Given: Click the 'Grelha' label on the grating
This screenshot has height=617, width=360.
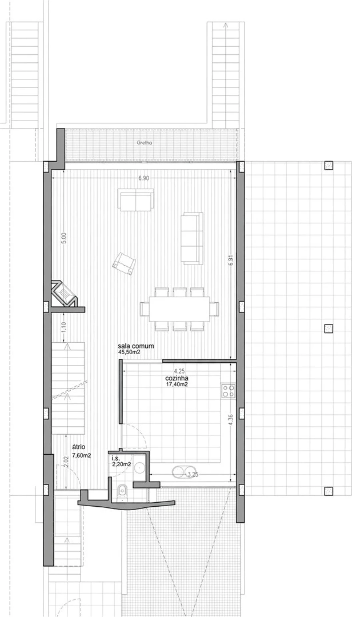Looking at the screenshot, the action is point(144,143).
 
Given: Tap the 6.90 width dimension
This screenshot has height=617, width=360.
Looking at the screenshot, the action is point(144,178).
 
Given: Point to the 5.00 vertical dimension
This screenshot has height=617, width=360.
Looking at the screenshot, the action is point(64,238).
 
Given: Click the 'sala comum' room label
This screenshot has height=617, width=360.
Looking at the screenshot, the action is point(136,346).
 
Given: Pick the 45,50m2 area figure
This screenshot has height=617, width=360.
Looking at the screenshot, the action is point(129,352).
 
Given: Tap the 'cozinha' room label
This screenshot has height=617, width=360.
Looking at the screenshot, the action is point(177,378).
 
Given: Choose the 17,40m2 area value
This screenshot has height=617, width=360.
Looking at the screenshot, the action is point(177,384).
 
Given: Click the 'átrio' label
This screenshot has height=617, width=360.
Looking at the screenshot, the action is point(79,447).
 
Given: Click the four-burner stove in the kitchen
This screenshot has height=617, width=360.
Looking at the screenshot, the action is point(228,391).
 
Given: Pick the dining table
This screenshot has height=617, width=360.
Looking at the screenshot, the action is point(179,309).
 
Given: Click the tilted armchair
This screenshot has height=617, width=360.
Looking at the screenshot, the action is point(124,264).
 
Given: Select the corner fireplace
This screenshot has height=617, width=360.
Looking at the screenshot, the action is point(65,294).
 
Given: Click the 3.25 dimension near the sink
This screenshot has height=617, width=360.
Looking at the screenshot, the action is point(193,474).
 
